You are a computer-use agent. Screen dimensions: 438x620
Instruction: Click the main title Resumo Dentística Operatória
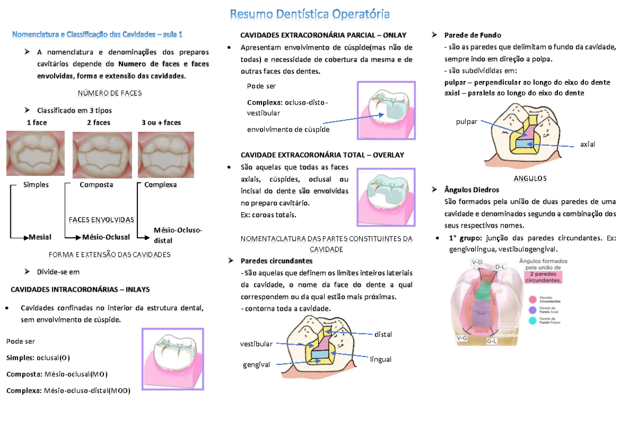pyautogui.click(x=309, y=13)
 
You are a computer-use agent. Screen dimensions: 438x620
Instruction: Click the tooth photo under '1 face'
pyautogui.click(x=35, y=153)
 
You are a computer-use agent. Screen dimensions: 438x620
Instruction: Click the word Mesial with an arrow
pyautogui.click(x=40, y=237)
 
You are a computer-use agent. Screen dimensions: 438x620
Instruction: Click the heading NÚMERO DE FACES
pyautogui.click(x=110, y=93)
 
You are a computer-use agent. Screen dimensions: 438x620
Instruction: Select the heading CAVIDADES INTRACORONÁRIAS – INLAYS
pyautogui.click(x=80, y=289)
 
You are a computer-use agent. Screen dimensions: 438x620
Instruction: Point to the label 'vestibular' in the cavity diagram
pyautogui.click(x=256, y=344)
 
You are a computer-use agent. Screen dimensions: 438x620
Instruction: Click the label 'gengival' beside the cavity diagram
pyautogui.click(x=256, y=365)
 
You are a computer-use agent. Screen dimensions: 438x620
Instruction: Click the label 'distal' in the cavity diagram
pyautogui.click(x=383, y=334)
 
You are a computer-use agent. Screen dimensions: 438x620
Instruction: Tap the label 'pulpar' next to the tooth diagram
pyautogui.click(x=467, y=122)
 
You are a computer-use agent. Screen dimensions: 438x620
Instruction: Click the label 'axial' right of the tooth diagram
pyautogui.click(x=587, y=144)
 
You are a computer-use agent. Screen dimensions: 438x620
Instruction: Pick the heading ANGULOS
pyautogui.click(x=530, y=178)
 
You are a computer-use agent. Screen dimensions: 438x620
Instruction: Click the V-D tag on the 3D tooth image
pyautogui.click(x=477, y=263)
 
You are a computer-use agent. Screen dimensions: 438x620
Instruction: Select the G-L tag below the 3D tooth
pyautogui.click(x=492, y=341)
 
